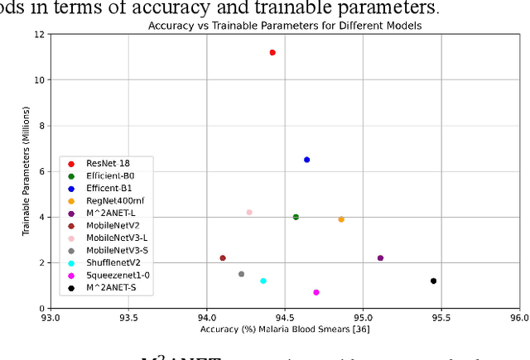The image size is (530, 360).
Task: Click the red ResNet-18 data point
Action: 272,52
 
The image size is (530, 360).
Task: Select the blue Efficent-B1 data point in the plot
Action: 306,160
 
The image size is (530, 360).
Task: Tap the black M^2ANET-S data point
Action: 433,281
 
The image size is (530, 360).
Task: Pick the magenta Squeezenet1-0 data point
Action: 316,292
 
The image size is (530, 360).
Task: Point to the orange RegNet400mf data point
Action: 341,219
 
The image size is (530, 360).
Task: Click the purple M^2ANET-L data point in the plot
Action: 380,258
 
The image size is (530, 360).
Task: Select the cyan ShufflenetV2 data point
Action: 263,281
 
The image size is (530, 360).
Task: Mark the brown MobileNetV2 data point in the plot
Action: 223,258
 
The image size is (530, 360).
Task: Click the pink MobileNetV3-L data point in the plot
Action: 249,213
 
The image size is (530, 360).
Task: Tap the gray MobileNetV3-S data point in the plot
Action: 241,274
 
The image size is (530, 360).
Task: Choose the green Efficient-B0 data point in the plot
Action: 296,217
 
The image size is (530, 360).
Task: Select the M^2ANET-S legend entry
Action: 111,287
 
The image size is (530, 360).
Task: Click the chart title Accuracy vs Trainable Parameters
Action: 284,26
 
